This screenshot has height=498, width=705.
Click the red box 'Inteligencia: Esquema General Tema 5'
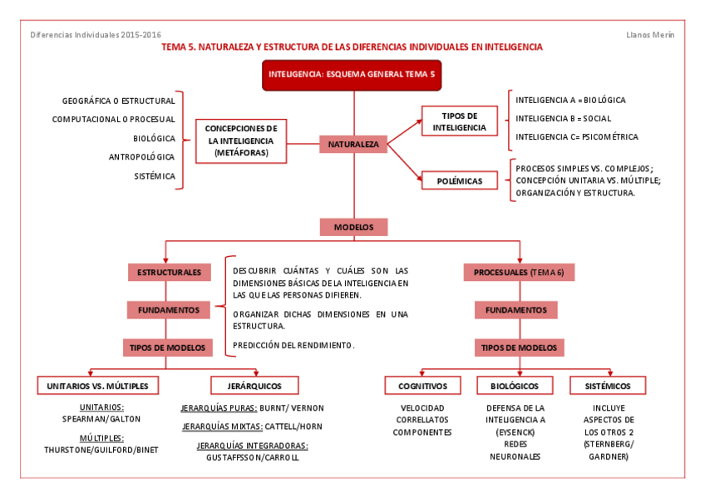(x=351, y=75)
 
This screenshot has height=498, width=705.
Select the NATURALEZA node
(x=353, y=145)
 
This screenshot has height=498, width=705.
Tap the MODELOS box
(x=353, y=227)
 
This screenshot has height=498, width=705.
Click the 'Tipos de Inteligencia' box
(x=459, y=121)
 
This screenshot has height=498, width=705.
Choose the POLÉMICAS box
(x=459, y=180)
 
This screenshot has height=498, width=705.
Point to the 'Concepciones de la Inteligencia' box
(x=240, y=141)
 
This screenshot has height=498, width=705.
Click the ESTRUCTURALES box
(x=169, y=272)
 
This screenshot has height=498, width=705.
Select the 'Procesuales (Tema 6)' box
(x=519, y=272)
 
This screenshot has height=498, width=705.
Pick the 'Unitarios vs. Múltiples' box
(x=98, y=386)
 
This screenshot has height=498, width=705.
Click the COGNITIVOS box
(x=422, y=386)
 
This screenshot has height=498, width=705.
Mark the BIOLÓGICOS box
(x=515, y=386)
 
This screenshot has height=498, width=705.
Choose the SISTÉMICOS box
(x=607, y=386)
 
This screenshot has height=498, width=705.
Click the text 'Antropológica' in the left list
(x=142, y=157)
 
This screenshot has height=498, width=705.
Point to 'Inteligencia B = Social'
(x=563, y=118)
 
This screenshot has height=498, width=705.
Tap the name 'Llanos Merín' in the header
(x=650, y=34)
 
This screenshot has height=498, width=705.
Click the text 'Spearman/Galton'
(x=101, y=419)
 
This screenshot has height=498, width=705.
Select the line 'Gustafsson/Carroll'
(x=252, y=457)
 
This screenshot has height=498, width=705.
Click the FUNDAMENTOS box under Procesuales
(x=515, y=310)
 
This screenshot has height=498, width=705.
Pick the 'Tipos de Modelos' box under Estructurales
(x=169, y=347)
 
